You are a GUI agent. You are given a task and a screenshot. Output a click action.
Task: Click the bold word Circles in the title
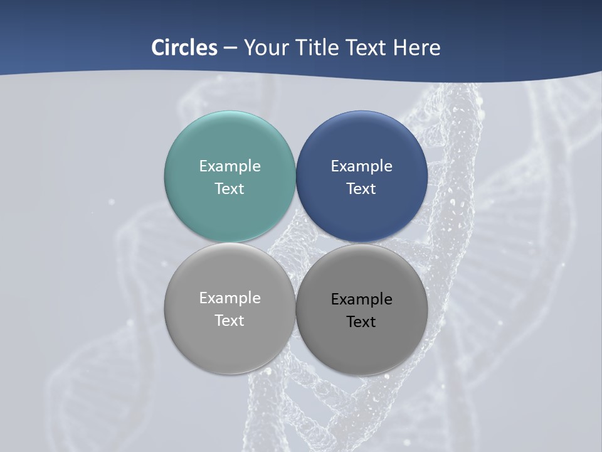tap(184, 48)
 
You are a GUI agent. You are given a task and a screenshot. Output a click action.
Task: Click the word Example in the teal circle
tap(230, 166)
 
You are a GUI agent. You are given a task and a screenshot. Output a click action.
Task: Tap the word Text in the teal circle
tap(230, 188)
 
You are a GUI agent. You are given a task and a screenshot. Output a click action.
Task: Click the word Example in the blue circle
tap(362, 166)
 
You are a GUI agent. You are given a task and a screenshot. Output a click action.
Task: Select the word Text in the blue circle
tap(362, 188)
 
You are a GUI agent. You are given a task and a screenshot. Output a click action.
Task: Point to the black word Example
tap(362, 299)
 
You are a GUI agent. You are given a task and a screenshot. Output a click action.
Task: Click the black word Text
tap(362, 321)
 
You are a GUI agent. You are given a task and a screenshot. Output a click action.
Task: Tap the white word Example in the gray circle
tap(230, 298)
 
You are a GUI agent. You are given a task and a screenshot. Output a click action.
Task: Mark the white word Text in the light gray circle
tap(230, 320)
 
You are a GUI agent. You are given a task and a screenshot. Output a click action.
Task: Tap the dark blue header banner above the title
tap(301, 16)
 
